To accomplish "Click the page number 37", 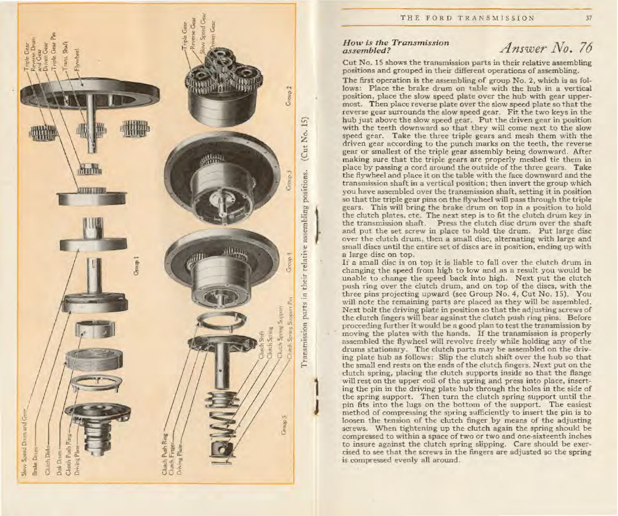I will tap(589, 19).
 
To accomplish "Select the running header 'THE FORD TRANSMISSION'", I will tap(466, 19).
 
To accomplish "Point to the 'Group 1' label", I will tap(137, 266).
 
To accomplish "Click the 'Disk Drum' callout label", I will tap(59, 461).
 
